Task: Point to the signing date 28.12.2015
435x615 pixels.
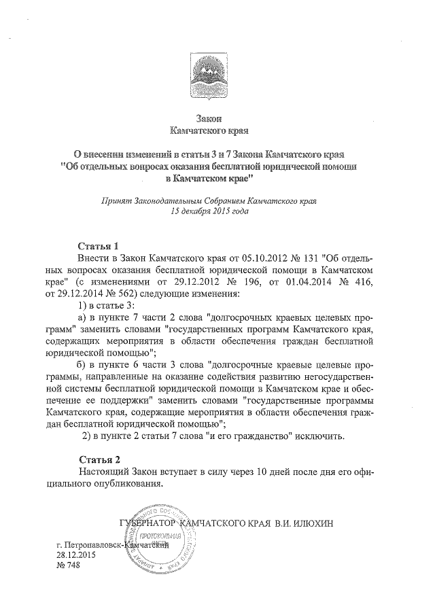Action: (77, 555)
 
